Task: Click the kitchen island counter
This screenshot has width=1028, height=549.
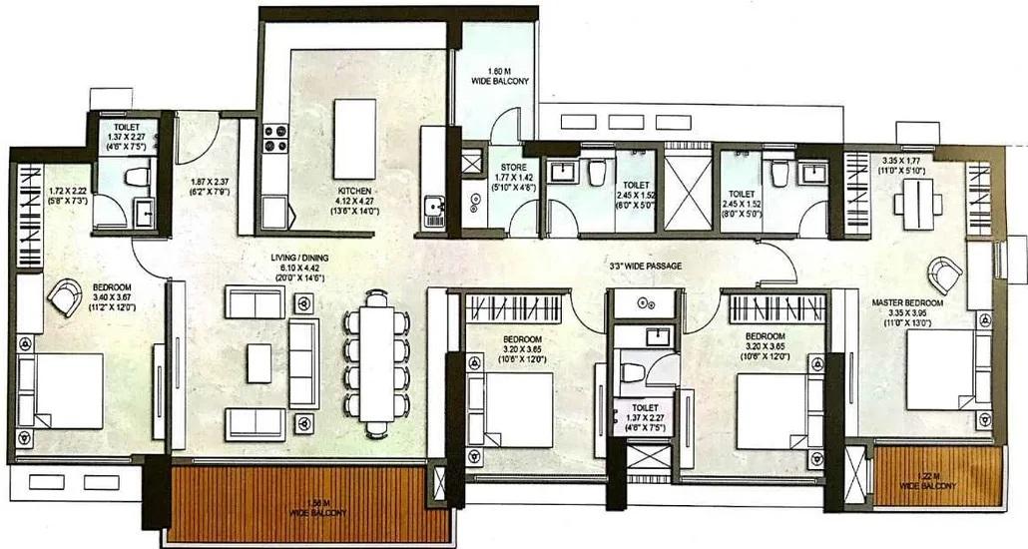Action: point(354,138)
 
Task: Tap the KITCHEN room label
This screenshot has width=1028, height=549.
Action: point(354,190)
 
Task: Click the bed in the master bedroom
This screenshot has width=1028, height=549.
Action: point(943,369)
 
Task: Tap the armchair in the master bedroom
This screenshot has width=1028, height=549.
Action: point(942,274)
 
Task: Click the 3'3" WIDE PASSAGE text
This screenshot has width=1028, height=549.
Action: point(646,267)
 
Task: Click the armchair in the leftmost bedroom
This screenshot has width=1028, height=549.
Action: point(65,296)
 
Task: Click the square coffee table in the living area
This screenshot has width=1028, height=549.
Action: point(258,362)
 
